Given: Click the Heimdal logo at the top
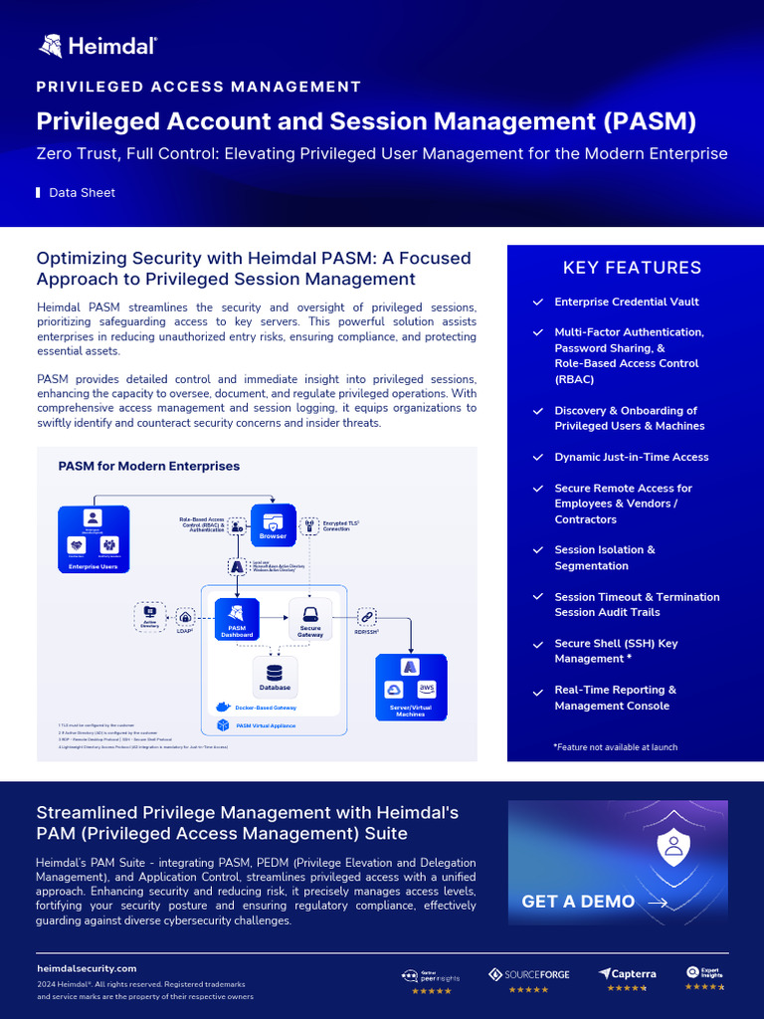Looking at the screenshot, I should point(97,45).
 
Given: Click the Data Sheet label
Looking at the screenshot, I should point(82,193).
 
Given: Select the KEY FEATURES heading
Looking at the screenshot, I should point(632,268).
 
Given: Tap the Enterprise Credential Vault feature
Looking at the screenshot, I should point(626,302).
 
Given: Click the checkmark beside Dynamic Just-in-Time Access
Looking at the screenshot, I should point(538,458).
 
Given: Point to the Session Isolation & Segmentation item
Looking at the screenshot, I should point(604,557).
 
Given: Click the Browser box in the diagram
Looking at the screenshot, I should point(274,522).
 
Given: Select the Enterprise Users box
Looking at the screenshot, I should point(94,539).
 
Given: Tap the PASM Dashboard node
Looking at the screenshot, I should point(237,619).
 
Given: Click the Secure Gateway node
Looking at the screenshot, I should point(309,619).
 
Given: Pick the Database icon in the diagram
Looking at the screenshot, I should point(275,673).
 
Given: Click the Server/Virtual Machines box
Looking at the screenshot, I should point(410,686).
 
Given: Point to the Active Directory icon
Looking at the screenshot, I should point(150,617).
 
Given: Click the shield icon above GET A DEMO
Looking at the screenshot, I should point(672,845).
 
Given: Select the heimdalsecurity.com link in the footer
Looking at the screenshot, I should point(87,968).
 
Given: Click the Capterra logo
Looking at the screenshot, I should point(627,973).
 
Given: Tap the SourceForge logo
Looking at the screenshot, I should point(529,974).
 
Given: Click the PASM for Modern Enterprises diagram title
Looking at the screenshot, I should point(148,466).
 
